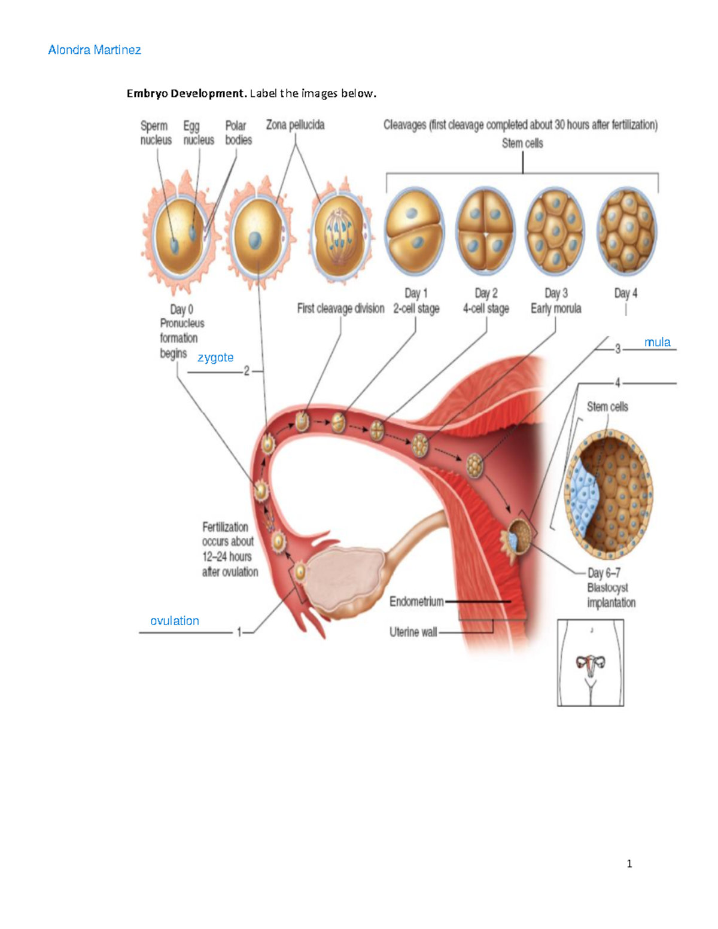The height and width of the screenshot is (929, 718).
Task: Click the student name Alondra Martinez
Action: click(95, 50)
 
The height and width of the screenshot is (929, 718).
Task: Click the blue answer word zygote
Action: click(215, 358)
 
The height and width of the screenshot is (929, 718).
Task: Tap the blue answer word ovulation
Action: click(175, 621)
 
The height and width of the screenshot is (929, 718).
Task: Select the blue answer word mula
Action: click(657, 342)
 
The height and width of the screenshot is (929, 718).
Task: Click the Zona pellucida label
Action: click(295, 125)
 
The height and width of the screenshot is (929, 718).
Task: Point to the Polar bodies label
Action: click(238, 133)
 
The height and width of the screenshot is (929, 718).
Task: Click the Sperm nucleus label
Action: click(156, 133)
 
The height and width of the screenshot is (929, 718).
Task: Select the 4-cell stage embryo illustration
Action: click(485, 230)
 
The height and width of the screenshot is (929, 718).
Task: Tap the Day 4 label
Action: click(626, 293)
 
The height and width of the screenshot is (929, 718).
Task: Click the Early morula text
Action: click(556, 309)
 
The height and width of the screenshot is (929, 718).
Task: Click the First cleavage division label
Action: click(340, 309)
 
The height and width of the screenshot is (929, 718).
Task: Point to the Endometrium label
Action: click(416, 601)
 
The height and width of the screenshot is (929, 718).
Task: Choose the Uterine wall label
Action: click(413, 632)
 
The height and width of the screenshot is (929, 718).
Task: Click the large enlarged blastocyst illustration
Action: click(609, 494)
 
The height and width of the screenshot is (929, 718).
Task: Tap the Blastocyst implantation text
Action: click(611, 595)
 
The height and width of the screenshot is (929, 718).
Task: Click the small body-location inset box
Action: click(591, 663)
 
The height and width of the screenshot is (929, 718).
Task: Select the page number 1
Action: click(629, 863)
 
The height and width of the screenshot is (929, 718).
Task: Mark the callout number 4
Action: click(617, 383)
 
